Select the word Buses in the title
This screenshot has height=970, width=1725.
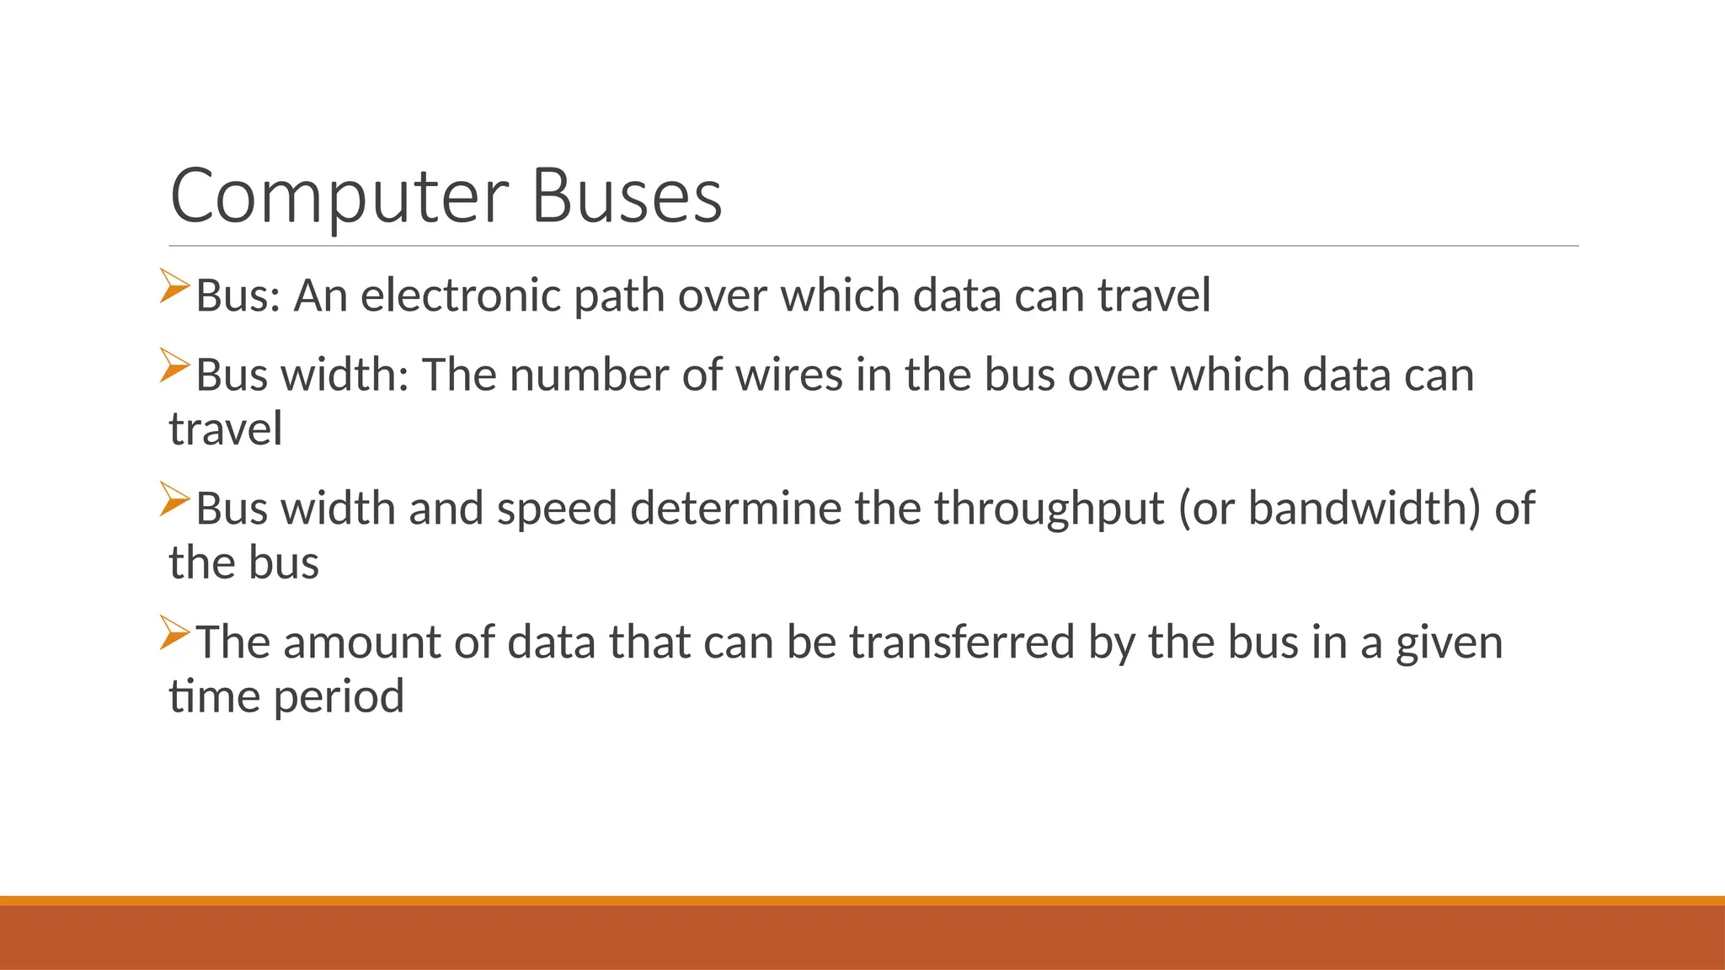point(627,197)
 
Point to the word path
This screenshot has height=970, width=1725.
point(619,296)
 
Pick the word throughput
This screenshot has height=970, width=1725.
point(1049,509)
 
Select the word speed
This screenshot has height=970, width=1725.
point(557,509)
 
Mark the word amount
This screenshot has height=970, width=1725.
point(362,642)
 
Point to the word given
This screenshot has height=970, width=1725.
point(1449,644)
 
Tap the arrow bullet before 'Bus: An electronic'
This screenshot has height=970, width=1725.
point(174,285)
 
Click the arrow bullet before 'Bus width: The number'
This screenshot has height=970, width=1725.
point(174,365)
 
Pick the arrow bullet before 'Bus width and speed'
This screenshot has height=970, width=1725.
point(174,499)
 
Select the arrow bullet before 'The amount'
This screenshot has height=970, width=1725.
point(174,632)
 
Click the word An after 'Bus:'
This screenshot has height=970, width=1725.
point(320,296)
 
